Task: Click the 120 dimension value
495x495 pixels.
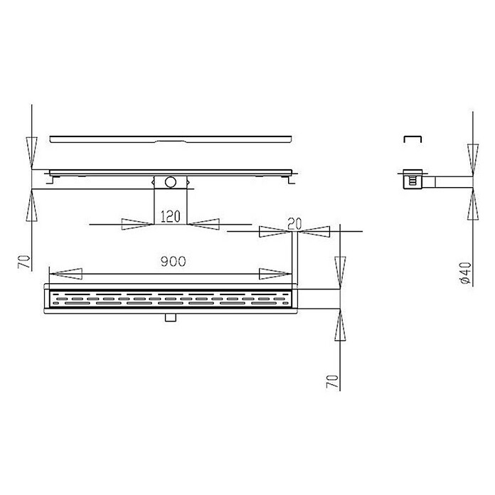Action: point(171,216)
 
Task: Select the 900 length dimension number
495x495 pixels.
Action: point(174,261)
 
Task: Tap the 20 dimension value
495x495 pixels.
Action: point(294,223)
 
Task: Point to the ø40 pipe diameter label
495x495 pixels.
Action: point(466,272)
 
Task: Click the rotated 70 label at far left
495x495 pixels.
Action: point(24,262)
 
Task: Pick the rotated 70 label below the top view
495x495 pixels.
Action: point(332,381)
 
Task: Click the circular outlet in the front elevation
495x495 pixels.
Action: point(170,182)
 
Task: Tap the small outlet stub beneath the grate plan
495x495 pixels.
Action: point(171,318)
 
